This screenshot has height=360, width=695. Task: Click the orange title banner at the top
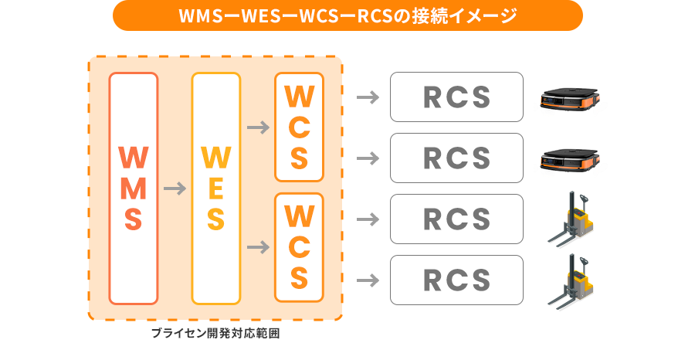pos(347,15)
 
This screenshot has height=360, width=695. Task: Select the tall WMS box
pos(134,188)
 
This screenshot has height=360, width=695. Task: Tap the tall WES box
pos(215,188)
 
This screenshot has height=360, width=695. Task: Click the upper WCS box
pos(298,127)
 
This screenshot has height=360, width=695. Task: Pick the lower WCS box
pos(298,247)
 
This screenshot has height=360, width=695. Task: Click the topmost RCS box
pos(456,97)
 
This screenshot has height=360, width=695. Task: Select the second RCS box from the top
pos(456,158)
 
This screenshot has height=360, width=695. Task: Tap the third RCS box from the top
pos(456,219)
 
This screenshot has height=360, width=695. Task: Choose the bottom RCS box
pos(456,280)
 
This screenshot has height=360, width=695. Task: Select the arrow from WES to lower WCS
pos(257,247)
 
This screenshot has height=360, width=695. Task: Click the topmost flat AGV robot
pos(570,100)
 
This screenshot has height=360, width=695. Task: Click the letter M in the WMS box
pos(134,188)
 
